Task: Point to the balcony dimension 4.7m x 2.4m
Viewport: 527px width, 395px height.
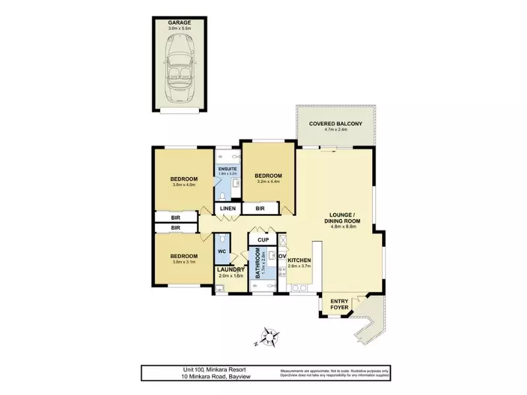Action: tap(335, 130)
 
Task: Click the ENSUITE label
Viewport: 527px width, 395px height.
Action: tap(227, 168)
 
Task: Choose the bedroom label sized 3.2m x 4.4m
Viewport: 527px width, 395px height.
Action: tap(268, 175)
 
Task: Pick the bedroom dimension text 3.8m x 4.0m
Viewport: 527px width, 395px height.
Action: tap(184, 185)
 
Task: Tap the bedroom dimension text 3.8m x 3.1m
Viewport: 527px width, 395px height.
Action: tap(184, 261)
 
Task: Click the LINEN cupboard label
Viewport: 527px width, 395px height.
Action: tap(227, 209)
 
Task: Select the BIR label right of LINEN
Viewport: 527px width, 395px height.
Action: tap(260, 209)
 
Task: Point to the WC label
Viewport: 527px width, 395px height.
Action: tap(223, 251)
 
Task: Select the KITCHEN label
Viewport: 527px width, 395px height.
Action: tap(299, 261)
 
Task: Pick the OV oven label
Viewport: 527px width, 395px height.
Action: tap(281, 255)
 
